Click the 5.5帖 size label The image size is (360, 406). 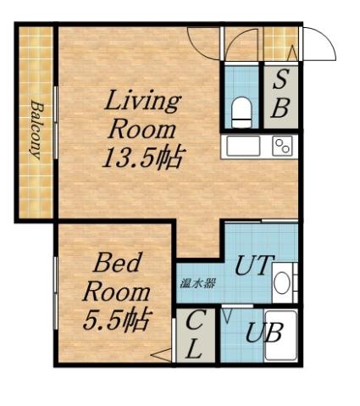click(x=117, y=319)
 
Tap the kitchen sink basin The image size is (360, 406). click(x=243, y=146)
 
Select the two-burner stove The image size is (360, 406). click(x=282, y=146)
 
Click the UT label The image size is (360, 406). click(x=252, y=266)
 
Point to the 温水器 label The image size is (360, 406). click(x=197, y=283)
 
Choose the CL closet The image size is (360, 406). click(x=194, y=336)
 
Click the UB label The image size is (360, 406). click(x=260, y=332)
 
